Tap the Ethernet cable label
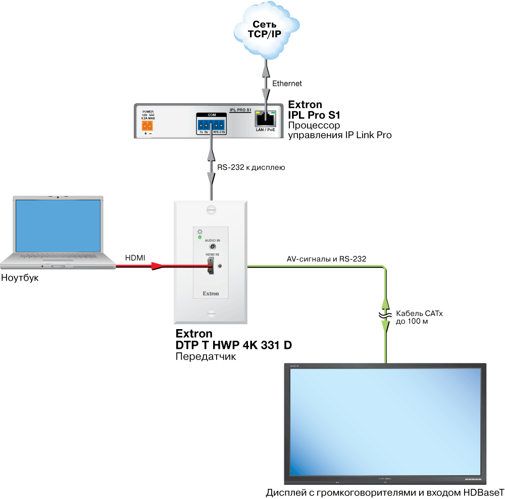point(287,83)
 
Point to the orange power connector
point(148,125)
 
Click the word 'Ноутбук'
point(20,278)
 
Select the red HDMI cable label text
point(135,258)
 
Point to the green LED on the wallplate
point(199,237)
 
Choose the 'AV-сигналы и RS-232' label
point(326,259)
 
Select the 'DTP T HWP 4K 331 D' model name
point(233,345)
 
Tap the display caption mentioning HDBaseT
point(385,493)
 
